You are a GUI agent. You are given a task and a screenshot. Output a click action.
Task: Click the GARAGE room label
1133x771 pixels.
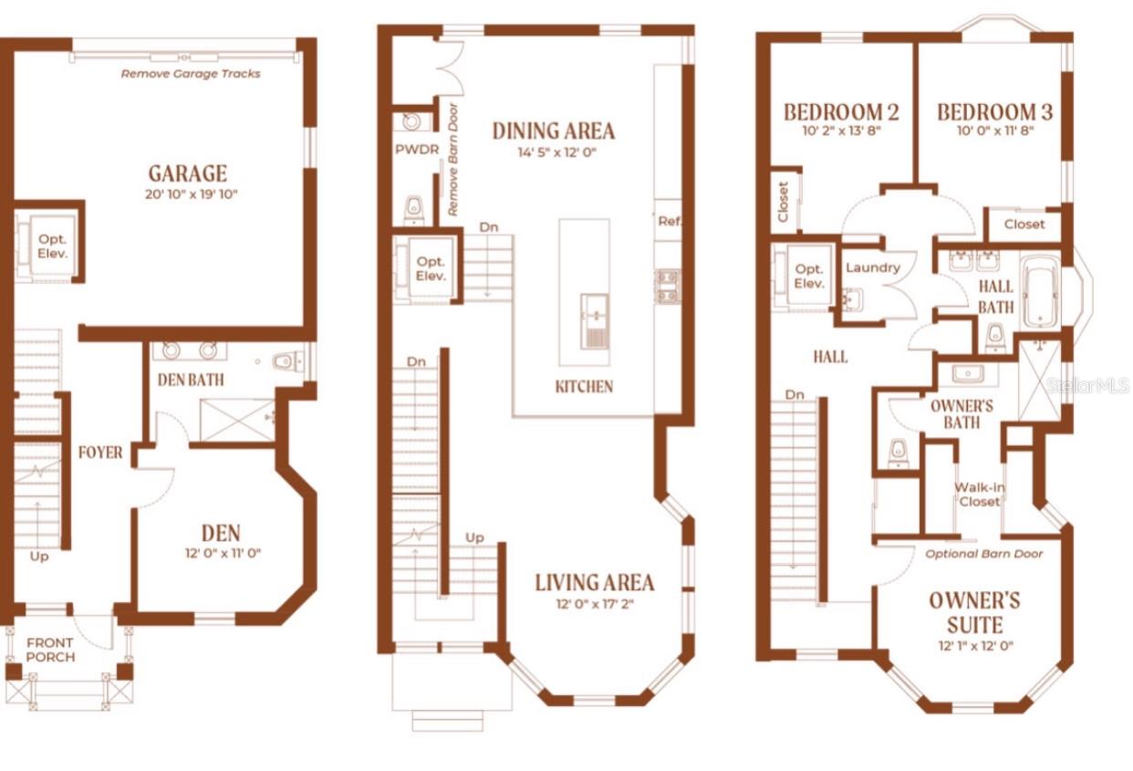(x=188, y=173)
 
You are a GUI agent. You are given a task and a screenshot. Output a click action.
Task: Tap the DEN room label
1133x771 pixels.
(x=221, y=533)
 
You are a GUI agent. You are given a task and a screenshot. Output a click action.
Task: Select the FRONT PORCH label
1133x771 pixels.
(x=50, y=650)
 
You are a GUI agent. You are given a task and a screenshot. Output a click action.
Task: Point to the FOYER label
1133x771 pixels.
(x=100, y=453)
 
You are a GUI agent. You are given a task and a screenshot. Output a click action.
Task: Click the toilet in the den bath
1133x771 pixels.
(x=286, y=361)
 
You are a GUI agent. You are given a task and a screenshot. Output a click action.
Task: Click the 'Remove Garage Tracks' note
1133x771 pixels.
(x=191, y=74)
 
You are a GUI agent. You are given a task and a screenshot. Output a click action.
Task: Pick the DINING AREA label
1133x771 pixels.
(x=554, y=131)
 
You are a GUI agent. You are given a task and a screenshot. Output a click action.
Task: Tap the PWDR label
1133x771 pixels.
(x=417, y=150)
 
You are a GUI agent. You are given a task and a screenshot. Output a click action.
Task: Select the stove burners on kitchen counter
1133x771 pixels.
(x=668, y=287)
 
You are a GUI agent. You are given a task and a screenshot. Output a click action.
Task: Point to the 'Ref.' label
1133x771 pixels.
(x=670, y=221)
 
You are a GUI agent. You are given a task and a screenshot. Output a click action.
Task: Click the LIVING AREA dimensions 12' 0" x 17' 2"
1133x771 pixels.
(x=595, y=604)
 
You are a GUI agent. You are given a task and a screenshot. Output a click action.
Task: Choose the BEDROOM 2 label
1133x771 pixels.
(x=842, y=112)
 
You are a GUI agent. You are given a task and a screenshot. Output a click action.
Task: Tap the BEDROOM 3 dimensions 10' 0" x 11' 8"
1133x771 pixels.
(x=995, y=130)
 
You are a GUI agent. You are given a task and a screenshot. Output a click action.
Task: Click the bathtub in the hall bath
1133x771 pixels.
(x=1040, y=292)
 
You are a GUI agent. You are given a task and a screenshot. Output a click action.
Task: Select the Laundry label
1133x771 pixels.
(x=873, y=267)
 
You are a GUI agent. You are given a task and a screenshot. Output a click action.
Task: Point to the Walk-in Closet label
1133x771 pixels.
(x=979, y=495)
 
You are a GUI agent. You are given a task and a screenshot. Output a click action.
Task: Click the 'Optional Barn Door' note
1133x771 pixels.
(x=983, y=554)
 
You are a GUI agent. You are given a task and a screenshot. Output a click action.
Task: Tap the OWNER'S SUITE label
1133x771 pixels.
(x=974, y=612)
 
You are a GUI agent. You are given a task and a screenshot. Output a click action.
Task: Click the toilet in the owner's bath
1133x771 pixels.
(x=898, y=453)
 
